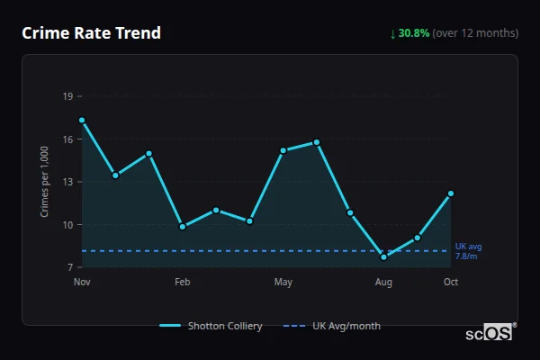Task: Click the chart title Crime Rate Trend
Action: [x=91, y=33]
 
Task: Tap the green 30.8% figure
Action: [x=413, y=33]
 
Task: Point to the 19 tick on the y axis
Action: [x=67, y=95]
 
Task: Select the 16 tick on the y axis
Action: [x=67, y=139]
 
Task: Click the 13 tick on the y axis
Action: [x=67, y=182]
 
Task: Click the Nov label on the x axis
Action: [x=82, y=283]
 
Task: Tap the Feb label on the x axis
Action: [x=182, y=283]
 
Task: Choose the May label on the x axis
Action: [x=283, y=283]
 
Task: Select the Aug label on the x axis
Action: [x=383, y=283]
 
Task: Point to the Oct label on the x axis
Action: [x=451, y=283]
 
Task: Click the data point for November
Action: [x=82, y=120]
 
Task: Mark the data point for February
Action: [x=183, y=227]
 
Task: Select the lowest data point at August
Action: [x=383, y=256]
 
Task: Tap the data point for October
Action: [x=451, y=193]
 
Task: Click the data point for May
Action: [x=283, y=150]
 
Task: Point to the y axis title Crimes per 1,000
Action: [x=45, y=182]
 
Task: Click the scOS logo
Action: [x=489, y=333]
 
